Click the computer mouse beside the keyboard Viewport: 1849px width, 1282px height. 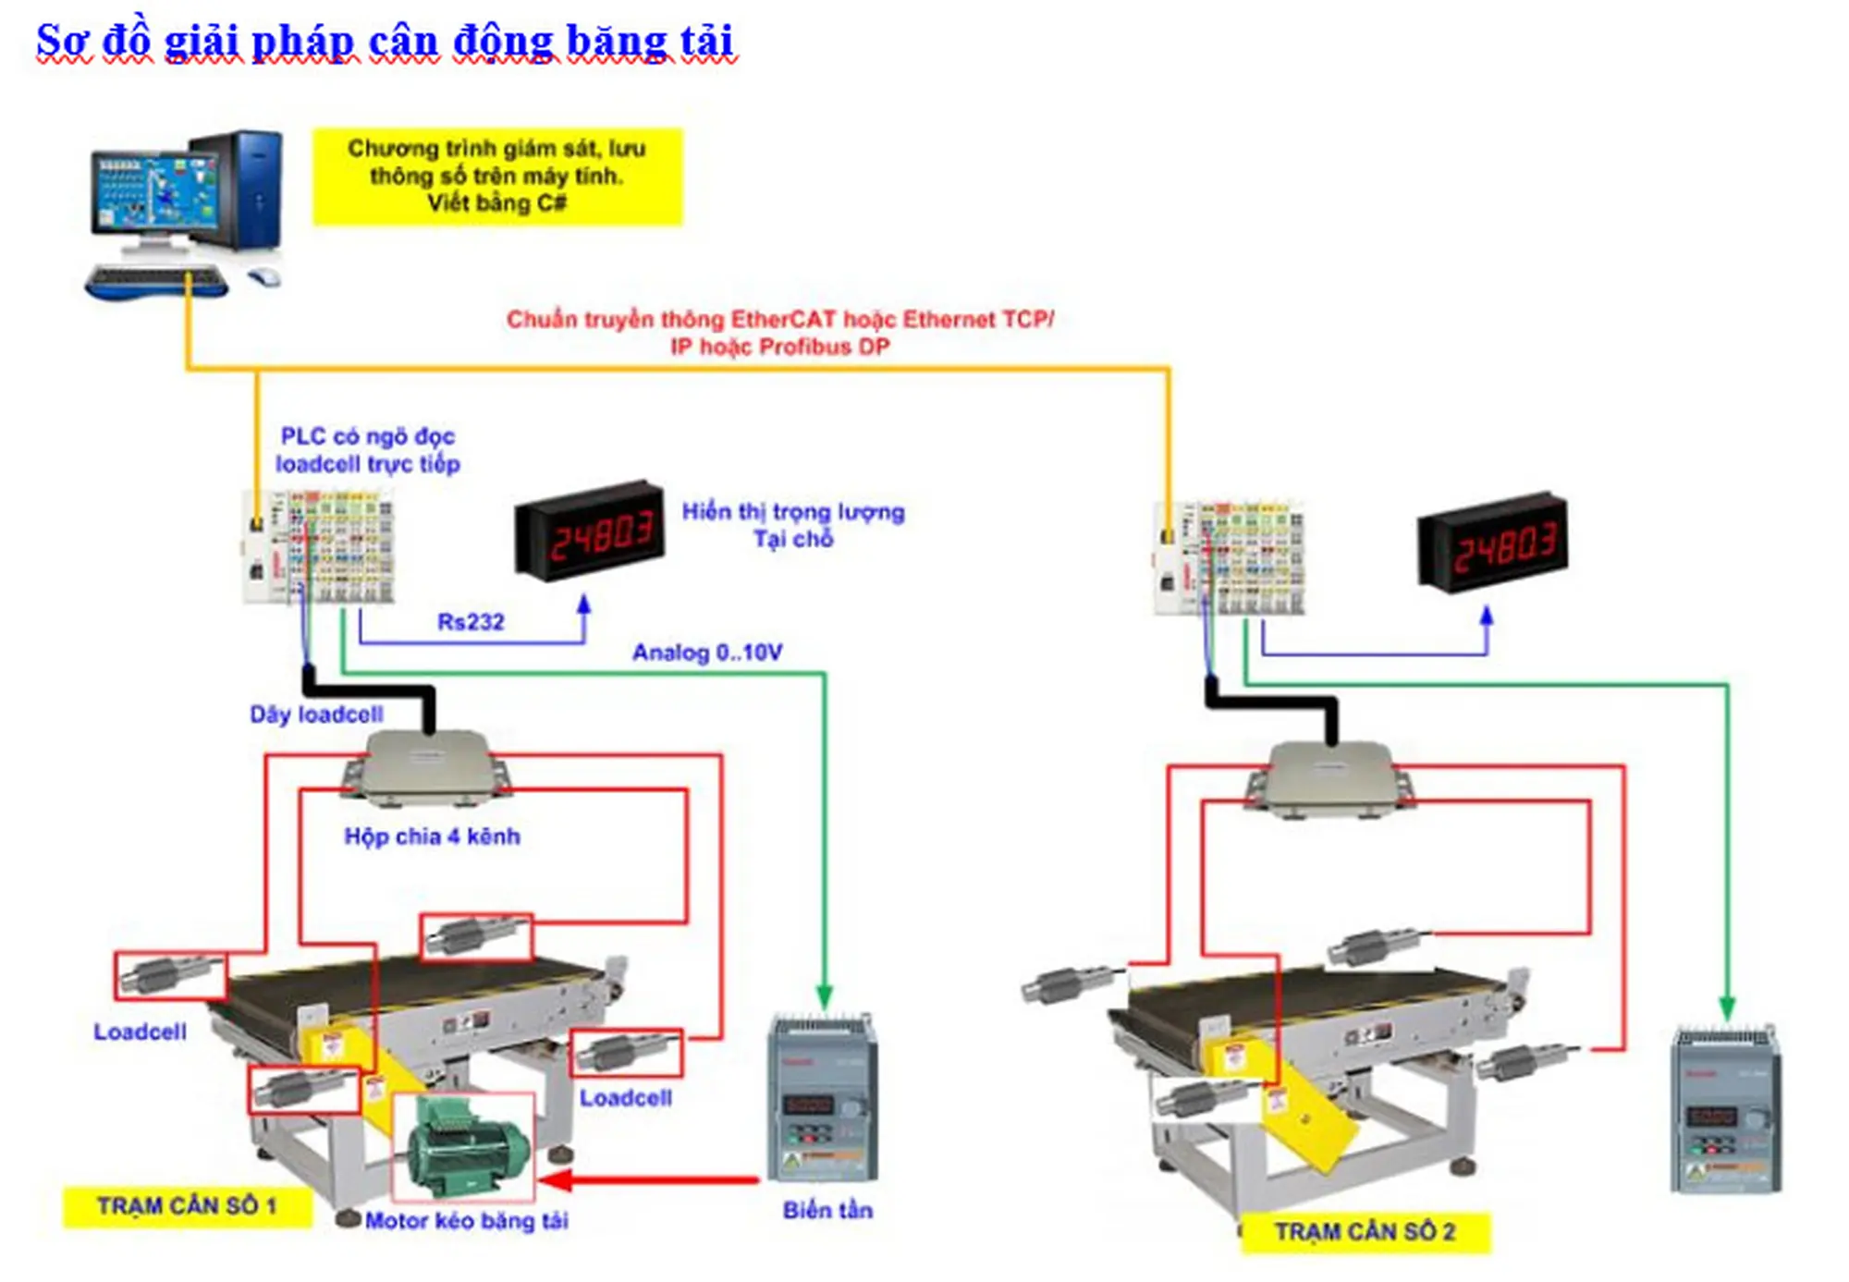coord(264,275)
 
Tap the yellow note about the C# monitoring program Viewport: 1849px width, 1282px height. coord(496,177)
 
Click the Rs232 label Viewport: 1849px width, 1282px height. coord(471,622)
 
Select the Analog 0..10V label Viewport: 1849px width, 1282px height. coord(707,653)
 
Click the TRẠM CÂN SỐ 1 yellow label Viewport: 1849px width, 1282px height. coord(187,1206)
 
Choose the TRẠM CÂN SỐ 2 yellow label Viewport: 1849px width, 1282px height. coord(1365,1232)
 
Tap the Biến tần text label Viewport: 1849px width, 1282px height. coord(827,1211)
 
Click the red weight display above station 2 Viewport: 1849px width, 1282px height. coord(1493,543)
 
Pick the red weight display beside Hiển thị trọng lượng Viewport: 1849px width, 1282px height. coord(590,531)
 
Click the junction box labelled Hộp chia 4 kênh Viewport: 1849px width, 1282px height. coord(427,767)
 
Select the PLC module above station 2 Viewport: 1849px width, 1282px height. coord(1230,559)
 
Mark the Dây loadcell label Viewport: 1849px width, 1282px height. coord(316,714)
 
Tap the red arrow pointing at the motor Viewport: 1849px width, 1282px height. coord(647,1180)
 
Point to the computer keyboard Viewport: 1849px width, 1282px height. coord(155,280)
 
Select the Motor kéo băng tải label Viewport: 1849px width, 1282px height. coord(467,1221)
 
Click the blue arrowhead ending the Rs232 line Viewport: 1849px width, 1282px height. coord(584,604)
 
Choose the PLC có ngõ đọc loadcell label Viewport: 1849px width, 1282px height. coord(368,450)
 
